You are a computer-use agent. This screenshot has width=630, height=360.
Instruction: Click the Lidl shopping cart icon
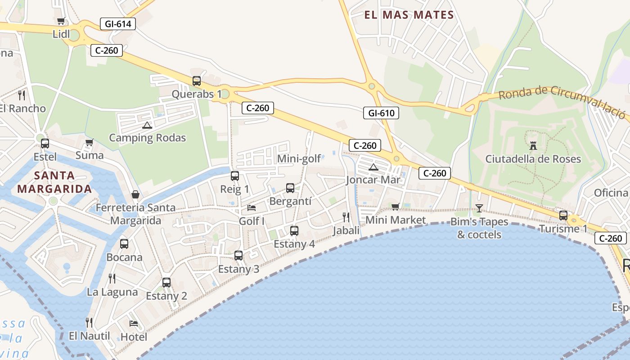pos(61,21)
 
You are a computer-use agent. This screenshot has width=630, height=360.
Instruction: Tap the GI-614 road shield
pos(117,24)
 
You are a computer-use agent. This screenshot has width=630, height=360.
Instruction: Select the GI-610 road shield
pos(381,113)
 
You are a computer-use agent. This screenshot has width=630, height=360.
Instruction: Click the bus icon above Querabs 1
pos(197,81)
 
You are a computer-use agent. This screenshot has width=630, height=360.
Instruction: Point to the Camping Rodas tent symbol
pos(147,125)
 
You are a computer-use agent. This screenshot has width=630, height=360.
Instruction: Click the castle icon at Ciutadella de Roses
pos(533,145)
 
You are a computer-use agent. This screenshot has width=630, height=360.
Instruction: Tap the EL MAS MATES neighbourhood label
pos(409,15)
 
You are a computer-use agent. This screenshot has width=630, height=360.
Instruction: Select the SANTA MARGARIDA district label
pos(54,182)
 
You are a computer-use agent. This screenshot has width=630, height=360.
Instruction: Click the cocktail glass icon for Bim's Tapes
pos(479,208)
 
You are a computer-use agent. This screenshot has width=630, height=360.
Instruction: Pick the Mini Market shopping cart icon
pos(395,207)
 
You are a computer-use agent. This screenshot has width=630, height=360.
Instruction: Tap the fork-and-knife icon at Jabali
pos(346,217)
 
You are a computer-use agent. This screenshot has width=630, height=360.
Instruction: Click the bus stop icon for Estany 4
pos(294,231)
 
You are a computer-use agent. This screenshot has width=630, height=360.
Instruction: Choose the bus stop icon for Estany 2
pos(166,283)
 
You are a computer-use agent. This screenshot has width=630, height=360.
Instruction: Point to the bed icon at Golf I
pos(252,207)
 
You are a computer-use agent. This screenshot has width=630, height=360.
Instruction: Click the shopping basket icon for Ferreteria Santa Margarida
pos(135,194)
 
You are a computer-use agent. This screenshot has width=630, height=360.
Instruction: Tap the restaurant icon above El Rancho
pos(22,95)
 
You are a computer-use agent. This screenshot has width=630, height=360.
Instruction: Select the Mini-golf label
pos(299,158)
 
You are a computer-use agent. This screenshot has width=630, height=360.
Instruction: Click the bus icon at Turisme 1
pos(563,215)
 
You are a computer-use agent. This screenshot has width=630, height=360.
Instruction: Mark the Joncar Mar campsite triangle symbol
pos(373,167)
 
